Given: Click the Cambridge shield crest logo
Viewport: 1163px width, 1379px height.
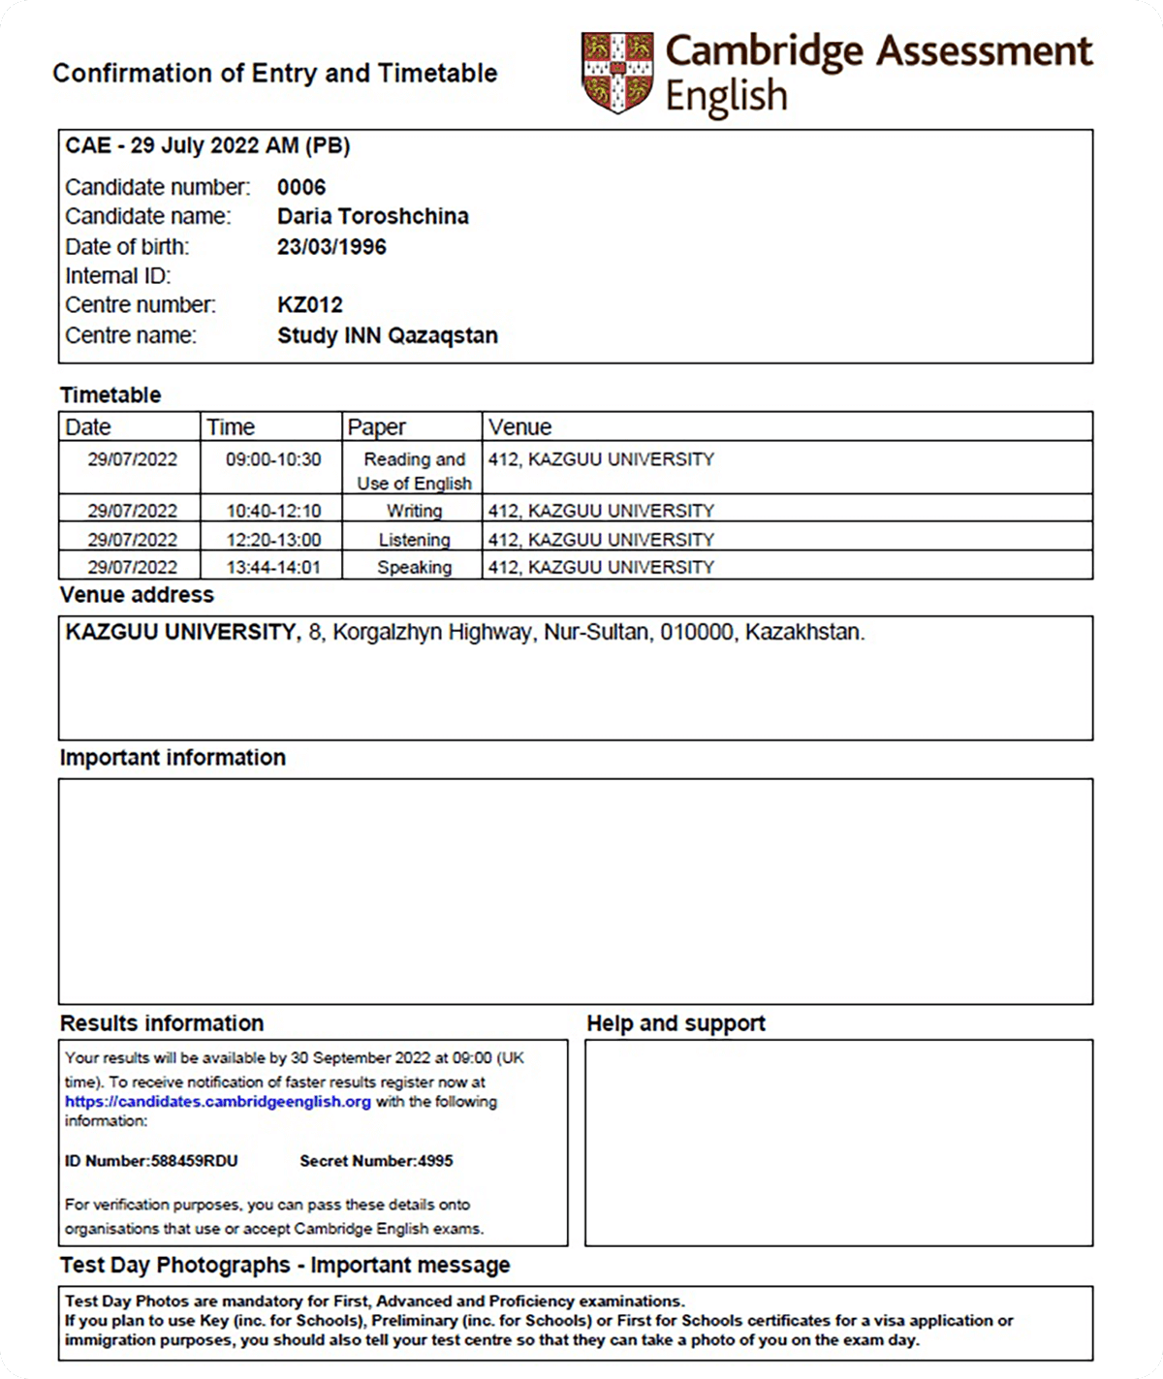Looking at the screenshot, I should (x=617, y=72).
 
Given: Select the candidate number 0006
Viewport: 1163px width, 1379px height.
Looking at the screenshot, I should (x=301, y=187).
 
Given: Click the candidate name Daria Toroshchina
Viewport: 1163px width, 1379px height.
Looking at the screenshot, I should (x=372, y=216).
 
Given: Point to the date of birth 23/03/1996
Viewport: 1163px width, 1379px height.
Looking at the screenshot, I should (x=331, y=246).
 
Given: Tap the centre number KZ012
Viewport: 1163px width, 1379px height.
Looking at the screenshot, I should (x=310, y=305).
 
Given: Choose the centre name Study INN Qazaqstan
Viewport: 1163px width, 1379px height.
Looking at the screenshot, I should (x=388, y=335).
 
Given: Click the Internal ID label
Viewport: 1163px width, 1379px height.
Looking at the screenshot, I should (x=118, y=276).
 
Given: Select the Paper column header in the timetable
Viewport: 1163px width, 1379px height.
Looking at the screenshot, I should (x=377, y=427).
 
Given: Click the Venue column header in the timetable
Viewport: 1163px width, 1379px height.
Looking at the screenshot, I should (x=519, y=427).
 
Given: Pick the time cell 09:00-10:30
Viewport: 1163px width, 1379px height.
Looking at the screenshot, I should (x=273, y=459).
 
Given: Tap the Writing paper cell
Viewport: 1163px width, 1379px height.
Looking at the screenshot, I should (x=414, y=511).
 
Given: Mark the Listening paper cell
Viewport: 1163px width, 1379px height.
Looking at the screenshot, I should (x=414, y=540).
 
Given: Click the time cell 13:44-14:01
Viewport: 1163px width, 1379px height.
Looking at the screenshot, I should (x=273, y=567).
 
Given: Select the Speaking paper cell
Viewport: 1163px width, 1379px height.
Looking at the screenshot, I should (x=414, y=567).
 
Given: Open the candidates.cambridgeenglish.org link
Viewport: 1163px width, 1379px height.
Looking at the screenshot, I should (x=218, y=1102).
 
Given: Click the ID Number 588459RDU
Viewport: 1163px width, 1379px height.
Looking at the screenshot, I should (x=151, y=1161).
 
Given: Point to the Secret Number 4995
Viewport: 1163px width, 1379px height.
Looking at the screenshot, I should (x=376, y=1161).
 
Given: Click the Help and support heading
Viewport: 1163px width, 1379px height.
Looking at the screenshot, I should (x=676, y=1023).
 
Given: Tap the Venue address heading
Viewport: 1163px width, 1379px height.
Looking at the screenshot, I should (x=137, y=595).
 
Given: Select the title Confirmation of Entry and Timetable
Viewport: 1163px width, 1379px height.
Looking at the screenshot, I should (x=274, y=74).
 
